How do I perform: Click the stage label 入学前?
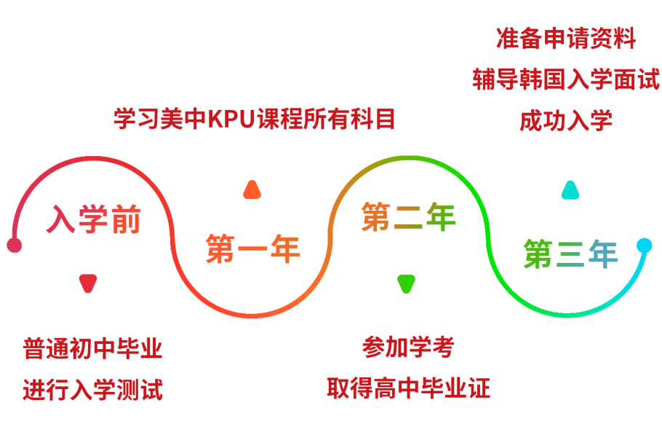tap(93, 219)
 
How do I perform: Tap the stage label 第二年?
tap(408, 217)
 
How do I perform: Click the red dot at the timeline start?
tap(14, 245)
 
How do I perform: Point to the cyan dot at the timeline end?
tap(644, 245)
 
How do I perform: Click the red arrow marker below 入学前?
tap(87, 283)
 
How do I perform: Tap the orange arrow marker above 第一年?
tap(252, 190)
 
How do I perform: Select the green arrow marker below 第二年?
tap(406, 283)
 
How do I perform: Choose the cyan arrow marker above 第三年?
tap(570, 190)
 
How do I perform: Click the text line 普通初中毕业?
tap(92, 348)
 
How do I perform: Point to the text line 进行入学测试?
tap(92, 389)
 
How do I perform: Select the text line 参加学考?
tap(407, 347)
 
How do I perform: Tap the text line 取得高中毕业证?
tap(408, 388)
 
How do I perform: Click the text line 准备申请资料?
tap(566, 38)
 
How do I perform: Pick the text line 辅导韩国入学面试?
tap(566, 79)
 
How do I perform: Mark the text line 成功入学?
tap(566, 120)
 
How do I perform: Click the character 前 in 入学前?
tap(125, 219)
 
